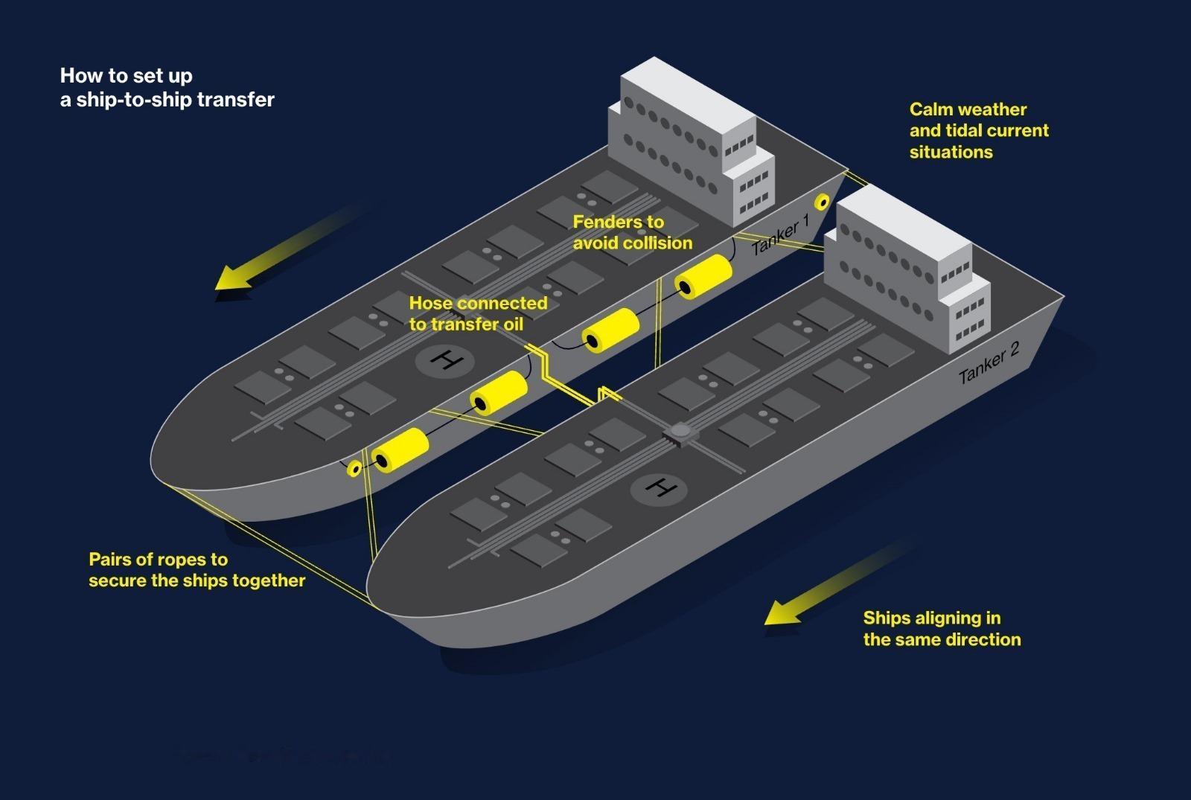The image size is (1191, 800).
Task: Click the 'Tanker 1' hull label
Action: pyautogui.click(x=781, y=234)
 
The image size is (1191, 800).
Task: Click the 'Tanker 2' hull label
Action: pyautogui.click(x=989, y=362)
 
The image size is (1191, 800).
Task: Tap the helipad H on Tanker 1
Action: pyautogui.click(x=446, y=361)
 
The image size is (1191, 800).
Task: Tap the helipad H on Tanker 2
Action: pyautogui.click(x=660, y=488)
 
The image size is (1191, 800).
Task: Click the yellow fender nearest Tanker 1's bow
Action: pyautogui.click(x=400, y=450)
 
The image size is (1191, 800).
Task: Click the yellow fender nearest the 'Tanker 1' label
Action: pyautogui.click(x=703, y=276)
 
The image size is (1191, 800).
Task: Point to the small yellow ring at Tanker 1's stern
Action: pyautogui.click(x=822, y=202)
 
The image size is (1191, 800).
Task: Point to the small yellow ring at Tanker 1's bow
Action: pyautogui.click(x=354, y=468)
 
